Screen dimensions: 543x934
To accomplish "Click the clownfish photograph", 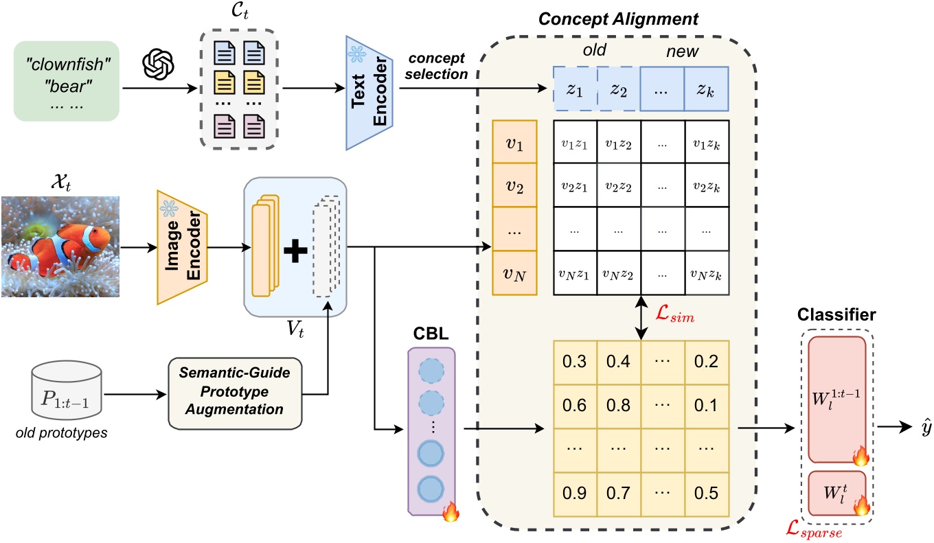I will [60, 245].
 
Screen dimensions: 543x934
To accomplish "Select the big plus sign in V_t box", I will [295, 252].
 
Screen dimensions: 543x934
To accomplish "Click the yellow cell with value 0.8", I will [618, 404].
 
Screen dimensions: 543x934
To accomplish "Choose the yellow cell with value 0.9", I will [575, 492].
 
